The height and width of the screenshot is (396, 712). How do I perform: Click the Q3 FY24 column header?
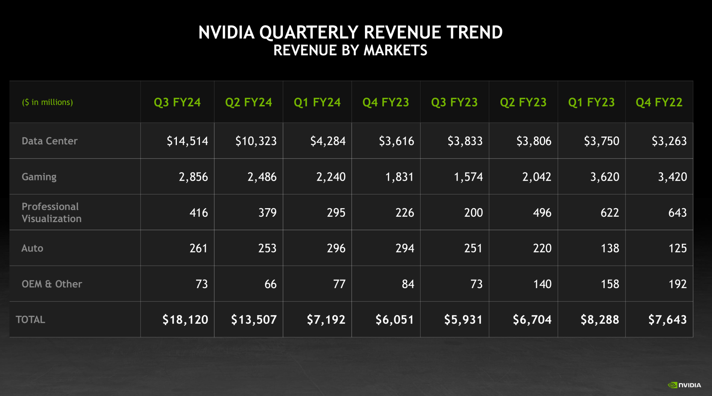(x=177, y=102)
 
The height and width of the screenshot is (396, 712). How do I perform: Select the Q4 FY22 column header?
(x=659, y=102)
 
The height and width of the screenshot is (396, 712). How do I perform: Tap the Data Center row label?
(x=49, y=141)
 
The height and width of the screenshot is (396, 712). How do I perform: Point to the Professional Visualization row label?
(x=51, y=213)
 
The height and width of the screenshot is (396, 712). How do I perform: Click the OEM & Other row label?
(x=52, y=284)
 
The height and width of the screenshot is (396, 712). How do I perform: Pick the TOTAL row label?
(x=30, y=320)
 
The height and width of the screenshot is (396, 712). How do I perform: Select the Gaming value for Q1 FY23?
(x=604, y=177)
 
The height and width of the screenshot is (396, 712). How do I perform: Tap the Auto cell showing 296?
(x=336, y=248)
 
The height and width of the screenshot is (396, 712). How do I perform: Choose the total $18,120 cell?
(x=185, y=320)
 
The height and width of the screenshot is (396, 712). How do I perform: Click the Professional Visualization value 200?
(x=473, y=213)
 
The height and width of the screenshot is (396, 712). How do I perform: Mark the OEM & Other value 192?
(x=677, y=284)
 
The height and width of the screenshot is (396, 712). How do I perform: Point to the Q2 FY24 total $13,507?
(x=254, y=320)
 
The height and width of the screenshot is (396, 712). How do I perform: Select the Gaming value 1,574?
(x=468, y=177)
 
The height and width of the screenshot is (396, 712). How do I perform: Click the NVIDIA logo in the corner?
(x=684, y=385)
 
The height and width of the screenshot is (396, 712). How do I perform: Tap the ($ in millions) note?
(x=47, y=102)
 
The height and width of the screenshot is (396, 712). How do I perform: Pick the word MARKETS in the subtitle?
(x=395, y=50)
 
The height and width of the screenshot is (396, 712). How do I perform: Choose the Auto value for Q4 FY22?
(x=677, y=248)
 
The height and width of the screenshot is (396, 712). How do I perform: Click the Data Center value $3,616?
(x=396, y=141)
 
